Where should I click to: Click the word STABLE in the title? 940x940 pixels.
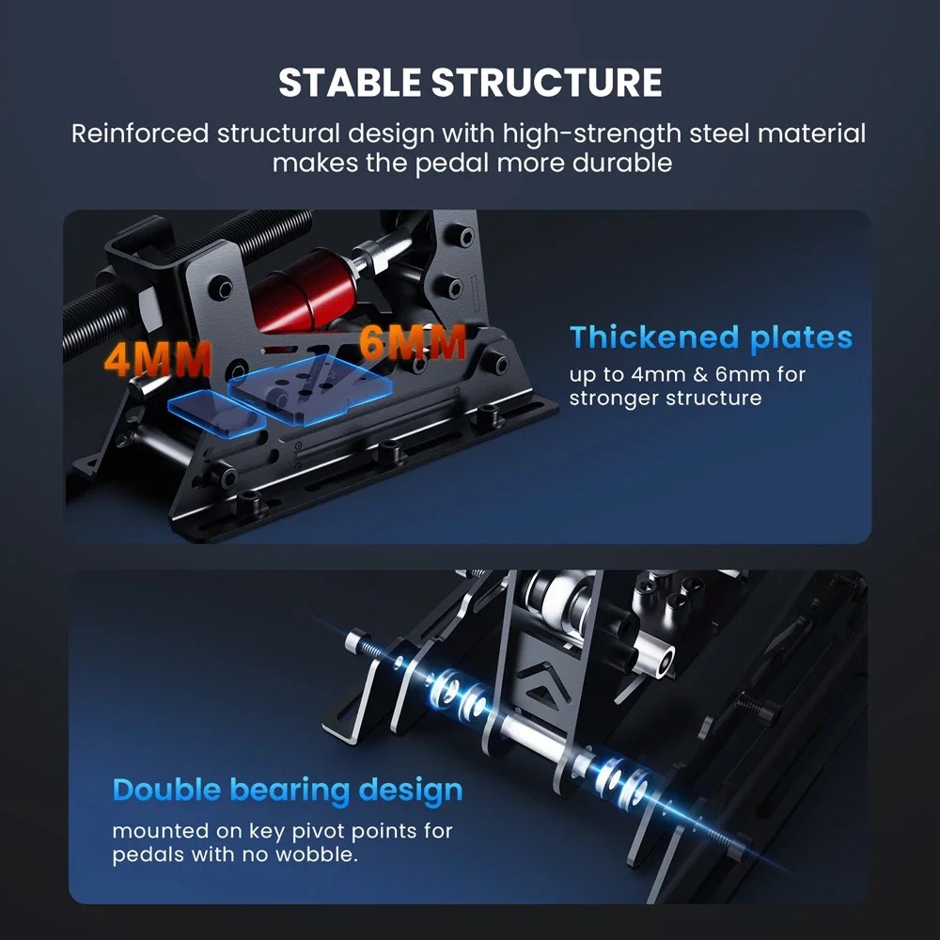(x=350, y=82)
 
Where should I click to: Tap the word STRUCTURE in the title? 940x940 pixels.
(x=547, y=82)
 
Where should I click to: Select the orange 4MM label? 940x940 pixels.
(x=158, y=359)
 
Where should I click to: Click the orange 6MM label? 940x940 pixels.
(x=413, y=342)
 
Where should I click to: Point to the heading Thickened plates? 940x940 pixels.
(x=711, y=337)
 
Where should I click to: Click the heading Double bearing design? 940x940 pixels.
(x=288, y=791)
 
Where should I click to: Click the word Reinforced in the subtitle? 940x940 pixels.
(x=140, y=133)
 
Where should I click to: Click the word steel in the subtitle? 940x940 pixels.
(x=719, y=133)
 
